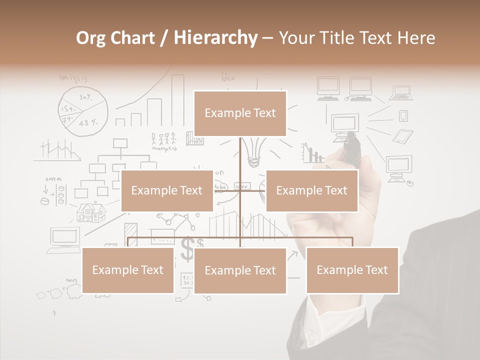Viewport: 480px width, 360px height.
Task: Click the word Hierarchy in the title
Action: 215,38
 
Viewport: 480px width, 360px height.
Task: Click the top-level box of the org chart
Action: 240,113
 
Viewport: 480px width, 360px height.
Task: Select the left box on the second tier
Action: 167,190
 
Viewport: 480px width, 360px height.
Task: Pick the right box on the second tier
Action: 311,190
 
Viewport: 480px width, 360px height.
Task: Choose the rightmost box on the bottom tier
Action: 352,270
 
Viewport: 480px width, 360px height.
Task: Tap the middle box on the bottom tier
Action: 240,270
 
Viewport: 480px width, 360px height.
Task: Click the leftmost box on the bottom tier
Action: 128,270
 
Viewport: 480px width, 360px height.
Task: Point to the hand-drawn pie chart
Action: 83,111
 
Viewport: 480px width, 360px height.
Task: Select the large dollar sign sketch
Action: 187,248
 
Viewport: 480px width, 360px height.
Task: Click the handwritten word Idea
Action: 228,77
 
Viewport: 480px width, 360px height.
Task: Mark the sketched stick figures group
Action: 163,138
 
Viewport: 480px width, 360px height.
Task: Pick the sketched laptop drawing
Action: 401,93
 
